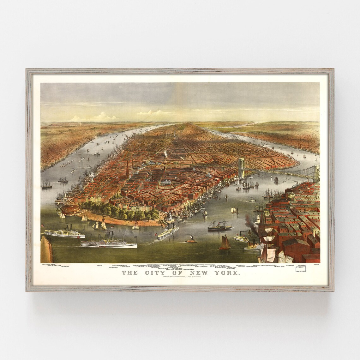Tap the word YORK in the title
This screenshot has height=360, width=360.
pos(228,273)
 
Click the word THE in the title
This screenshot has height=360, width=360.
pos(130,273)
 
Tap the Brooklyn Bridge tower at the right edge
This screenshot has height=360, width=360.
pos(316,174)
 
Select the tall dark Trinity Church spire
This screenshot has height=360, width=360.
pos(127,171)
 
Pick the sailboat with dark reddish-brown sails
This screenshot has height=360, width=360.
pos(225,243)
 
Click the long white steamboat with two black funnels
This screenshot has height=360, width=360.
pos(108,243)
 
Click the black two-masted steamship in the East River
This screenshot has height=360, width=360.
pos(219,225)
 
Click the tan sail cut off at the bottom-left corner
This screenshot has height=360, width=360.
pos(46,251)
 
